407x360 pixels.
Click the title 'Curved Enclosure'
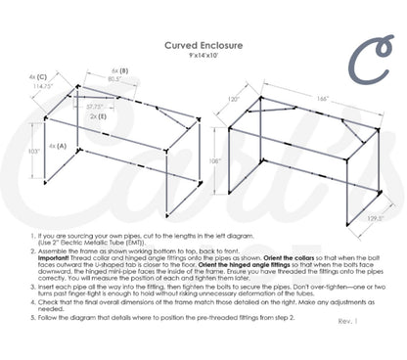coord(203,43)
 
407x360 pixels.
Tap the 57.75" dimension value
coord(94,106)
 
